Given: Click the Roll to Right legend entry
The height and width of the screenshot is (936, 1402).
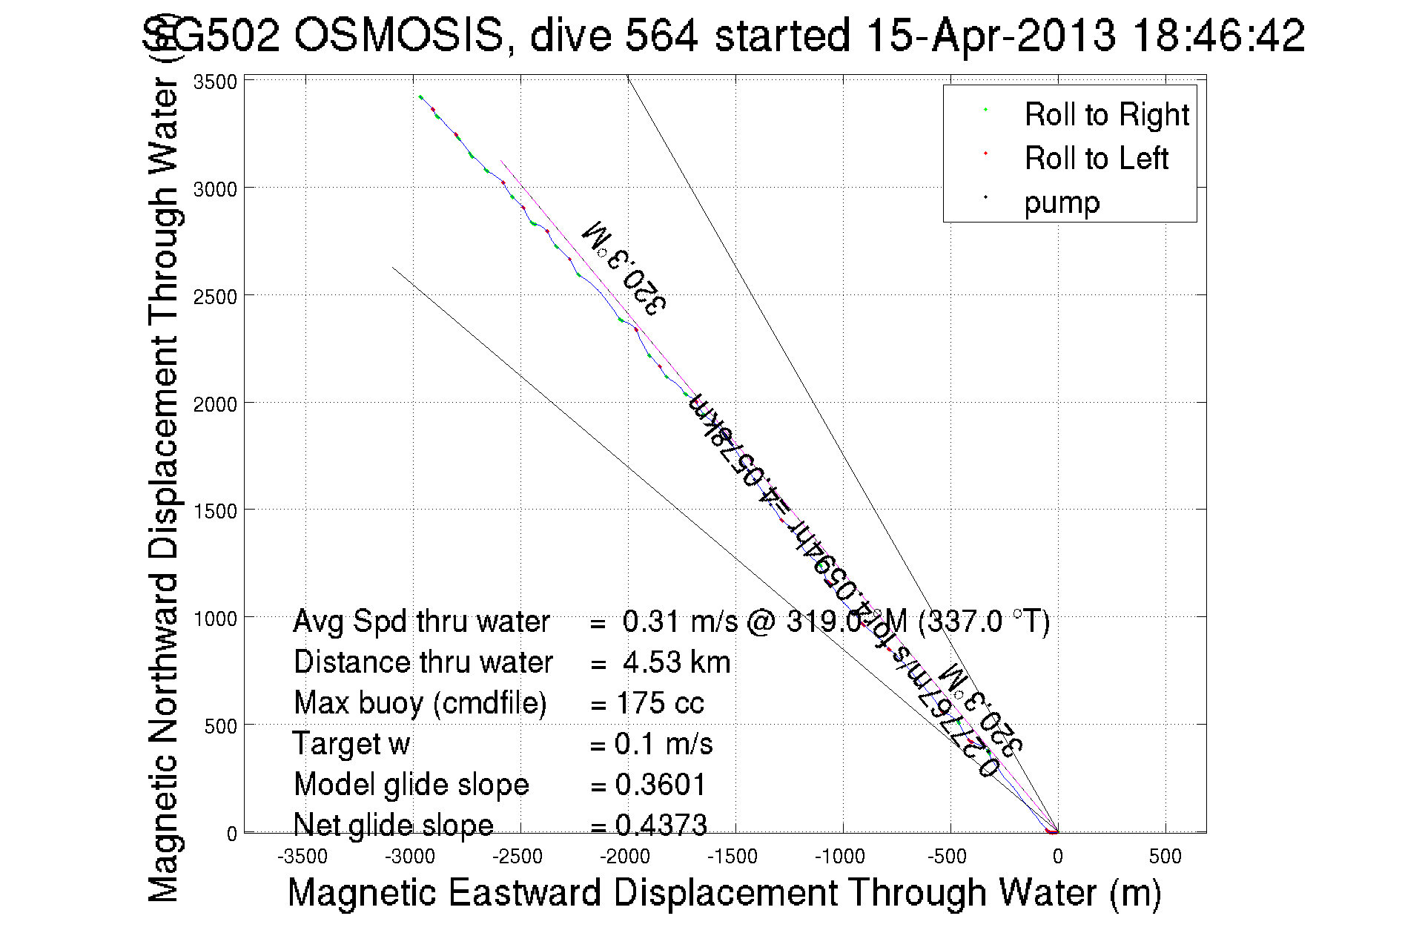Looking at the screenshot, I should point(1105,115).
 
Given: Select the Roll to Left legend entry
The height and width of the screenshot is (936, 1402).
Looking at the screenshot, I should point(1096,159).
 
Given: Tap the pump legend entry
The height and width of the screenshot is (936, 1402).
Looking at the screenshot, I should point(1062,202).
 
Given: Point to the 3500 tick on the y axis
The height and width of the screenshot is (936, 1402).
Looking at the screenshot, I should point(215,82).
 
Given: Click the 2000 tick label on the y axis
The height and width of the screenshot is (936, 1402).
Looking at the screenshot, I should point(215,404).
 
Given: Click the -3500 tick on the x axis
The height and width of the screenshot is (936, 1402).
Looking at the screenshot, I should point(302,857).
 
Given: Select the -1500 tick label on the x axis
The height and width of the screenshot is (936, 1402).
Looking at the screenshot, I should point(733,857).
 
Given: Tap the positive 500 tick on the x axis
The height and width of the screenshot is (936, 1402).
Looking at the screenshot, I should point(1165,857).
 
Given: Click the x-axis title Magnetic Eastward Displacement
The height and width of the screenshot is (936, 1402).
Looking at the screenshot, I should point(724,892).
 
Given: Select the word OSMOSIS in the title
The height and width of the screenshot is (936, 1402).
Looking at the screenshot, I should point(399,36).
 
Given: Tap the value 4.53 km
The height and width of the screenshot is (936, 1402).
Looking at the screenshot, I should point(676,662).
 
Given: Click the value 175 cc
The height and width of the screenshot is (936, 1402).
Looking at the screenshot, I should point(660,703).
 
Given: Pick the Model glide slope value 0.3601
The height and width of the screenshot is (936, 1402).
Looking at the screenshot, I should point(661,785).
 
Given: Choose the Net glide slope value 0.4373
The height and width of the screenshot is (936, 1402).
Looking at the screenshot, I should point(661,825).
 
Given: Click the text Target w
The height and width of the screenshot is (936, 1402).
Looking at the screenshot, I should point(351,744).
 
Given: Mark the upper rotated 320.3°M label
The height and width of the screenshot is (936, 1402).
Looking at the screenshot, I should point(625,266).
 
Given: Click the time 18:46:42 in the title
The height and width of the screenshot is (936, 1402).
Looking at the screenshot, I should point(1218,36).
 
